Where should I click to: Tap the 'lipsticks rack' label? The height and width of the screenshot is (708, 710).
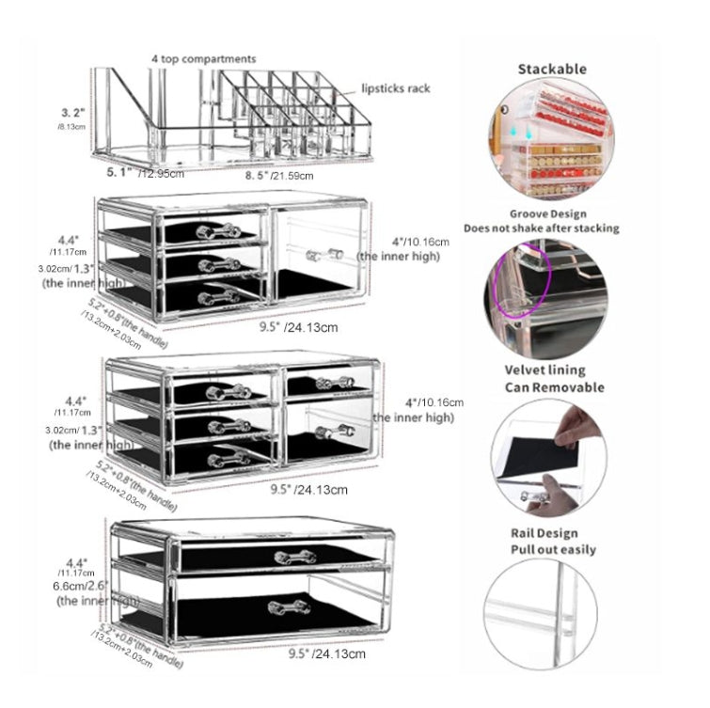396,88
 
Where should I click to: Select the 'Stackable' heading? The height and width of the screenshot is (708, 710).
552,69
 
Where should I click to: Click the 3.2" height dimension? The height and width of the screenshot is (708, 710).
71,111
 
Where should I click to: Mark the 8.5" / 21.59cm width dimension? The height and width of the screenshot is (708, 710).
280,174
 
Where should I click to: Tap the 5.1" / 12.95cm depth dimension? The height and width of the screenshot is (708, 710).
142,172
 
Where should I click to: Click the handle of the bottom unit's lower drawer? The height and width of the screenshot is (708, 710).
288,606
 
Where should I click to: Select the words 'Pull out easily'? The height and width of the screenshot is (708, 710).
552,549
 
